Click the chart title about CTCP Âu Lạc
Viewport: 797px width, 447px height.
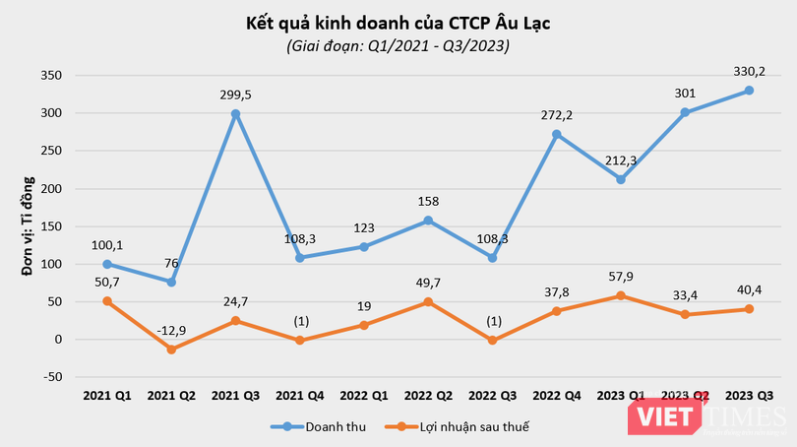pyautogui.click(x=398, y=22)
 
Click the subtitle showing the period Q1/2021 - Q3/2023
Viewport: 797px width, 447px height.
pyautogui.click(x=398, y=45)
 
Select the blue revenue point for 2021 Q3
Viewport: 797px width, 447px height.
pyautogui.click(x=235, y=114)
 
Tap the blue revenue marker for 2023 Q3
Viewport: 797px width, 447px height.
pyautogui.click(x=749, y=91)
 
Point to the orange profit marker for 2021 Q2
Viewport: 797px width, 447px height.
pyautogui.click(x=171, y=350)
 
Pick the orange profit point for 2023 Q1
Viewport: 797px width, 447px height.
pyautogui.click(x=621, y=295)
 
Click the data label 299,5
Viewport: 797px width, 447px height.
pyautogui.click(x=235, y=95)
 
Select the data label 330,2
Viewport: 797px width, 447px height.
pyautogui.click(x=749, y=71)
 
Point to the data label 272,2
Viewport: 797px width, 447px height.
pyautogui.click(x=557, y=115)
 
